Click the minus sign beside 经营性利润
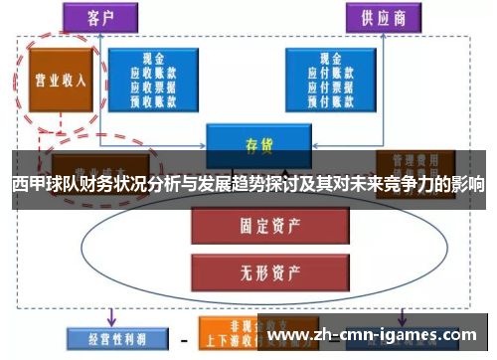pyautogui.click(x=183, y=339)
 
